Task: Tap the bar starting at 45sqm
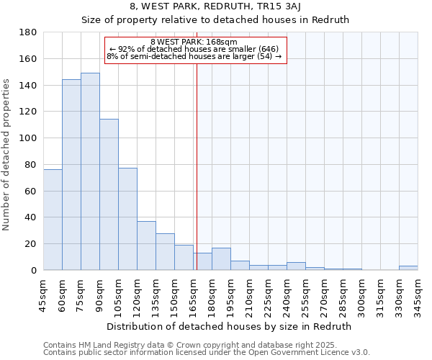53,220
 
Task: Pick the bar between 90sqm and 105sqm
109,194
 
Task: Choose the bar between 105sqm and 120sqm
127,219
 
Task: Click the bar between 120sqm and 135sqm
146,246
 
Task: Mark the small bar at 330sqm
408,268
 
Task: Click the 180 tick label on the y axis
29,32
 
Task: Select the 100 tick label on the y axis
29,138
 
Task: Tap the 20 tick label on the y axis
32,244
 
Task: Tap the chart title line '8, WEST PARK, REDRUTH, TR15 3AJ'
215,6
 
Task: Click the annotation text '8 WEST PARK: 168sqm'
194,42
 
